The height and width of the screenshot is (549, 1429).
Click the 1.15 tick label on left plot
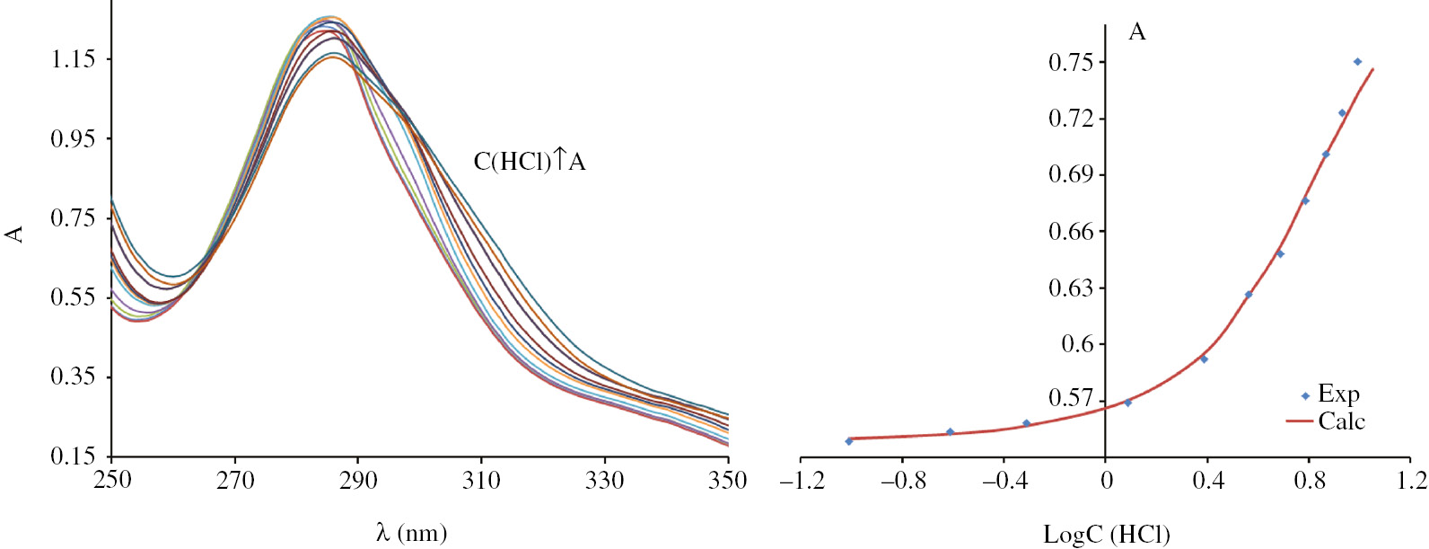tap(73, 60)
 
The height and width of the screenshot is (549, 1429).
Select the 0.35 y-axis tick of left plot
tap(73, 376)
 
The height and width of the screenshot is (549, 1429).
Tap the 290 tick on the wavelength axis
tap(358, 481)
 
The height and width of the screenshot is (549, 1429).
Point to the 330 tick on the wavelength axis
tap(604, 481)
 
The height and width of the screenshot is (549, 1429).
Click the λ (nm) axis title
tap(411, 533)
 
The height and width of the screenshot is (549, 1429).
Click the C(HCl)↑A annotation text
tap(530, 162)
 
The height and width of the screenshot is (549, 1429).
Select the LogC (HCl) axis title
tap(1106, 535)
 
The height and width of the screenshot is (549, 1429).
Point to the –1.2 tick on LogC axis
tap(801, 481)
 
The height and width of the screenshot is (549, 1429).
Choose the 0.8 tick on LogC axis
tap(1309, 481)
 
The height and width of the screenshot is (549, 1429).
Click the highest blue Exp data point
tap(1357, 62)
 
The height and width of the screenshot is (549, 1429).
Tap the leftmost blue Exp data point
tap(849, 441)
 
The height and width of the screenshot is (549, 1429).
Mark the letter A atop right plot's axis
tap(1136, 32)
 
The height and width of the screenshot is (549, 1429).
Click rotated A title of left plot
tap(14, 234)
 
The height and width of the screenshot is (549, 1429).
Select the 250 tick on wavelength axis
tap(112, 481)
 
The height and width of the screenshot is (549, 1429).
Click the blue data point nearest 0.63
tap(1249, 295)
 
